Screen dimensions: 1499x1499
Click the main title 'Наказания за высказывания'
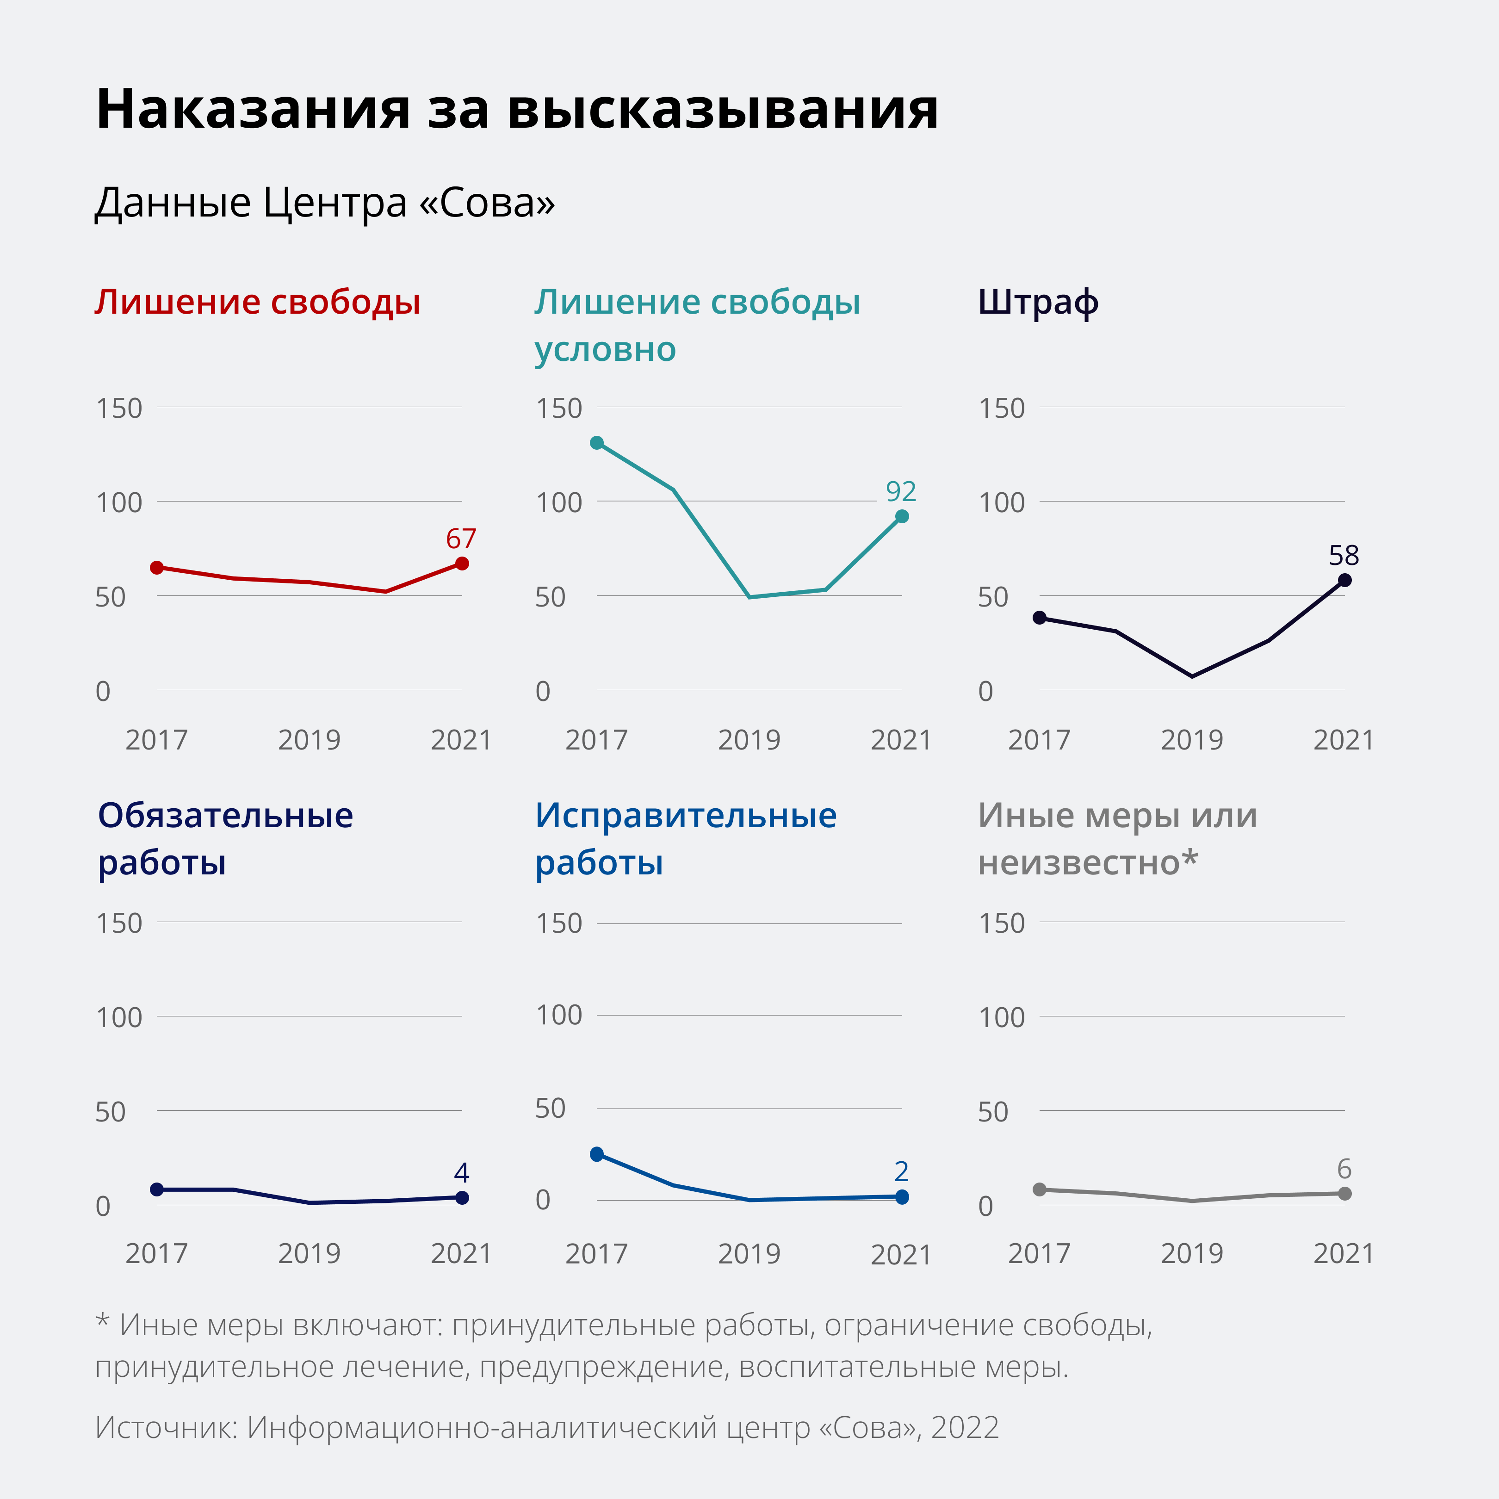click(x=517, y=109)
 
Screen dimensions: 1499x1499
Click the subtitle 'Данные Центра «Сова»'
click(x=324, y=203)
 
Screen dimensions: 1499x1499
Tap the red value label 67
click(x=461, y=539)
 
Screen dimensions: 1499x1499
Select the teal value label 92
click(x=901, y=491)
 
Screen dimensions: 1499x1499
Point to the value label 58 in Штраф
click(x=1344, y=556)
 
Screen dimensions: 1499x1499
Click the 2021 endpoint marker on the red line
click(x=462, y=564)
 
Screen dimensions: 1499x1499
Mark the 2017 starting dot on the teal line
click(x=597, y=443)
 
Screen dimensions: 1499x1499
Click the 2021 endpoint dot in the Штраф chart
click(x=1344, y=580)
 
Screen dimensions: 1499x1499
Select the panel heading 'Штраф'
click(x=1037, y=303)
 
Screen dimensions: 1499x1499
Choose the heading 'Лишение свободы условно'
click(x=697, y=326)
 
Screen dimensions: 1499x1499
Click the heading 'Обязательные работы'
click(x=225, y=839)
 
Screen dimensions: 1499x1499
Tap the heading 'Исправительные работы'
click(x=686, y=839)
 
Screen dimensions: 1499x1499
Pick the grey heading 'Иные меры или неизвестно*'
click(x=1117, y=839)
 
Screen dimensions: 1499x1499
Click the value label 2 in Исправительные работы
click(x=901, y=1171)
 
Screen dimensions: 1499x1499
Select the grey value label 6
click(x=1344, y=1169)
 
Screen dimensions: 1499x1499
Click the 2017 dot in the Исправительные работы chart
click(x=597, y=1154)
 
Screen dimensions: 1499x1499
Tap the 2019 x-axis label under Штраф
click(x=1192, y=740)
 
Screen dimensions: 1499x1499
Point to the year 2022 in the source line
click(x=965, y=1428)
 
